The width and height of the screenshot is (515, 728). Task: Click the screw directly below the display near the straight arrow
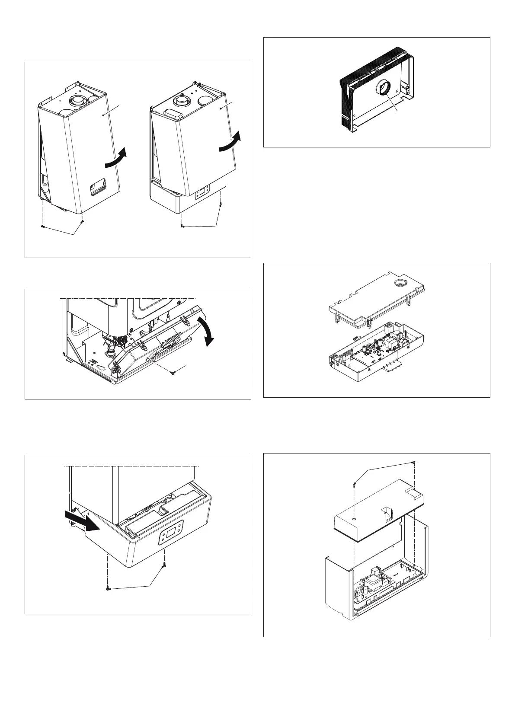point(164,566)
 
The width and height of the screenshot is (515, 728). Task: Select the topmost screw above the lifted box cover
point(414,463)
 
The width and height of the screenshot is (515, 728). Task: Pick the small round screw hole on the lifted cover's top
point(354,518)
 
